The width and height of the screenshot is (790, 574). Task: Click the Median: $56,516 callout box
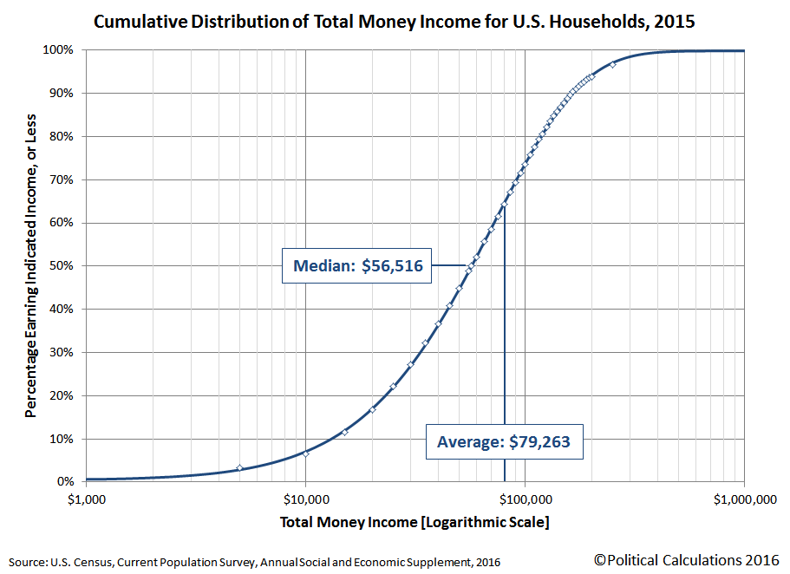pos(357,266)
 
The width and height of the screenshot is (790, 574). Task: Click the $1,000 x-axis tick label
pos(86,499)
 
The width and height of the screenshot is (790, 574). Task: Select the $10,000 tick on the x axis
pos(305,499)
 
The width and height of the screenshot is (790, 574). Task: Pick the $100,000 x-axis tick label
pos(525,499)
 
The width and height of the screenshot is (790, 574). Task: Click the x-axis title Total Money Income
pos(415,523)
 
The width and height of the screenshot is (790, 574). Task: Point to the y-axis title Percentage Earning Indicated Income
pos(31,265)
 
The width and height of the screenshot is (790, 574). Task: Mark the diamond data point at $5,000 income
pos(239,468)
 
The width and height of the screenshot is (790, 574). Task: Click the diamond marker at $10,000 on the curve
pos(305,453)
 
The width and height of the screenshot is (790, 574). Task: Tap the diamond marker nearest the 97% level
pos(612,64)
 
